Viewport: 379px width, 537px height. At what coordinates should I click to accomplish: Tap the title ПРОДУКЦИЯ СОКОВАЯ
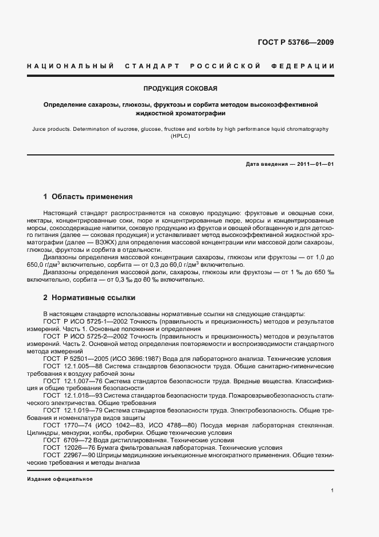point(180,89)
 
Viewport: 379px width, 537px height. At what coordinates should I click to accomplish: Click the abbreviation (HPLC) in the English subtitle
point(180,138)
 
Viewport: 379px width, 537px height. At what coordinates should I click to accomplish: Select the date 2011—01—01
point(314,165)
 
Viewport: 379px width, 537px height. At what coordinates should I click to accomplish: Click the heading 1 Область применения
point(88,197)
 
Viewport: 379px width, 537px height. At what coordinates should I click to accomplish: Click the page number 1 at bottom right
point(333,491)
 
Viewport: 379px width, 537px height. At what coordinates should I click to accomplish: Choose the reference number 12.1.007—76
point(83,381)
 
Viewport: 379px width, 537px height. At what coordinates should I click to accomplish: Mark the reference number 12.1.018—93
point(83,396)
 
